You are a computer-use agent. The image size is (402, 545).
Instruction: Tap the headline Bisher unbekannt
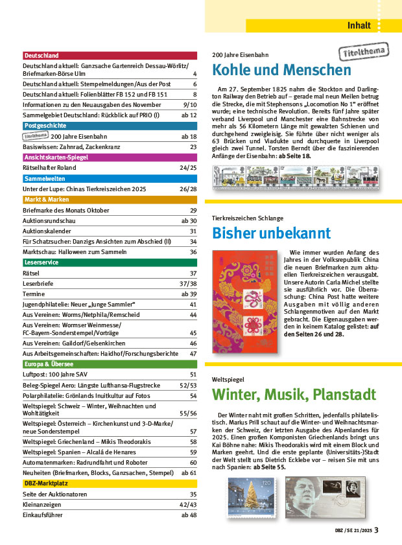[272, 233]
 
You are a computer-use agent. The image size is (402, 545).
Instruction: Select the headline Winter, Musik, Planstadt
[294, 394]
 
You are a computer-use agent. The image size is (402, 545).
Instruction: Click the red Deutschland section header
[109, 56]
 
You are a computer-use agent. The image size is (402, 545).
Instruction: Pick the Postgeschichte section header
[109, 125]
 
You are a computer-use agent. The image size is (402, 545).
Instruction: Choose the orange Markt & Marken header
[109, 200]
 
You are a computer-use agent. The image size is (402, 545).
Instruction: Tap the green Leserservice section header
[109, 262]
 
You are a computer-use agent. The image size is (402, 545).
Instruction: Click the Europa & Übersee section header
[109, 364]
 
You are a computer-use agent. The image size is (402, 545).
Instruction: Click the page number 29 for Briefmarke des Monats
[193, 211]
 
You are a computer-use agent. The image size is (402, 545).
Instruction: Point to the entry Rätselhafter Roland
[49, 168]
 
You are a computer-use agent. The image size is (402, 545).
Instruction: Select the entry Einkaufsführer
[42, 515]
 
